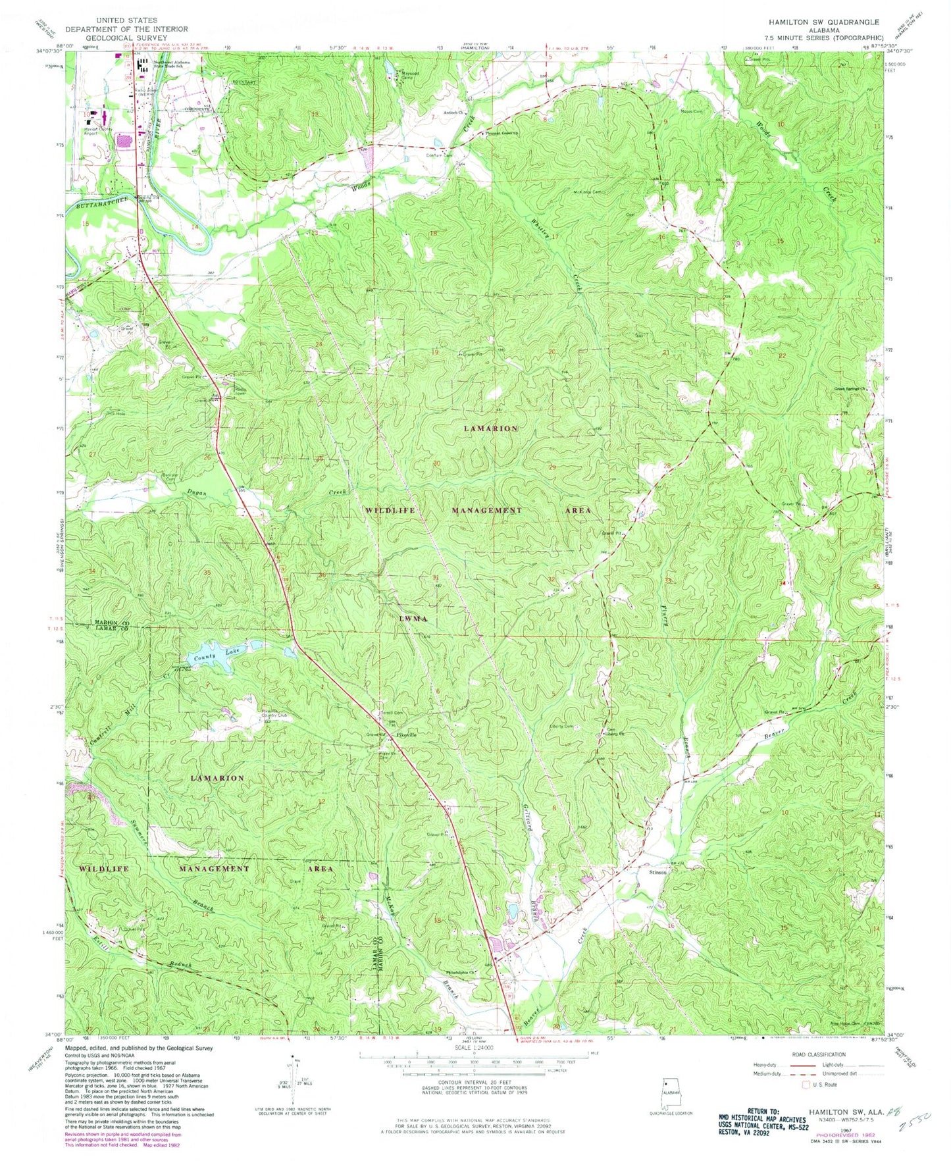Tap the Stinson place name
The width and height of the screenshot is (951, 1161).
point(658,872)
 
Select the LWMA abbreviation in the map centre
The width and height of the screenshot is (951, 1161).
point(414,619)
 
